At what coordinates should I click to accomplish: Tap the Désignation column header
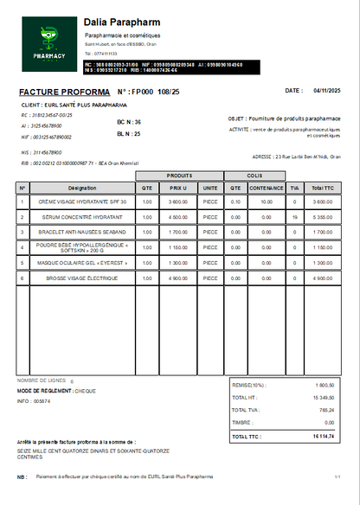(82, 188)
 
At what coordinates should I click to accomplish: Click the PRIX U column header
(178, 188)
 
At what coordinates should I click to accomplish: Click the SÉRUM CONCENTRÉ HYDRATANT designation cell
(82, 217)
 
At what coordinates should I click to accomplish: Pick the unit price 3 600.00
(178, 201)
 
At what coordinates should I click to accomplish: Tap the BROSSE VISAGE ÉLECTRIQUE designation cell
(82, 278)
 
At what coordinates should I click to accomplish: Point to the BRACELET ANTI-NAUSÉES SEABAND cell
(82, 232)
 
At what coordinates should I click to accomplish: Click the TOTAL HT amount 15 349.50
(323, 397)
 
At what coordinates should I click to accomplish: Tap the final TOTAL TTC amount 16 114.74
(323, 437)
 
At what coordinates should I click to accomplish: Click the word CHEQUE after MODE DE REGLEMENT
(86, 391)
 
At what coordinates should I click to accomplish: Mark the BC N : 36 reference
(128, 122)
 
